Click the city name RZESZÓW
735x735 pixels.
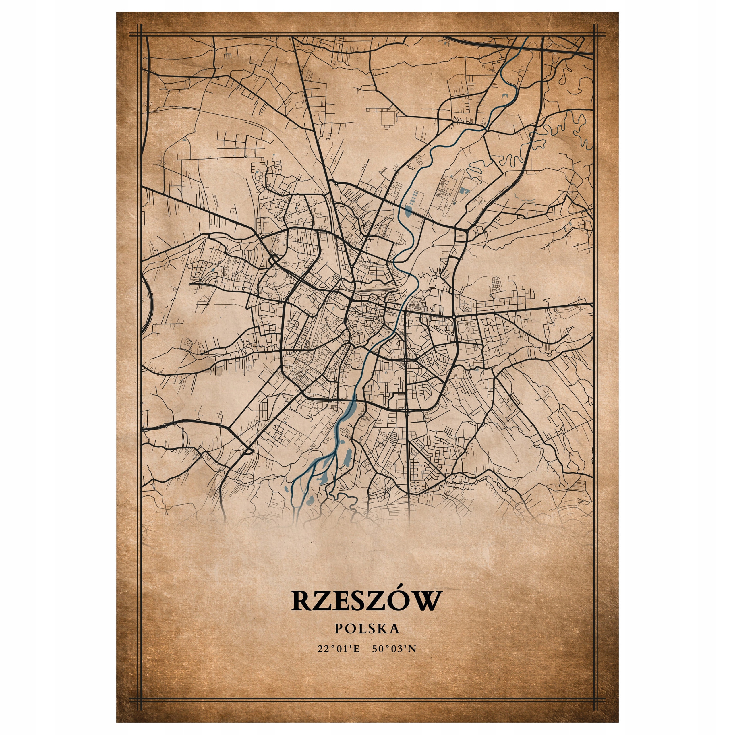coord(367,601)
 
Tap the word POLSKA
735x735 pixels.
coord(367,629)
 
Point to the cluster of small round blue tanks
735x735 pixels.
coord(415,196)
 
